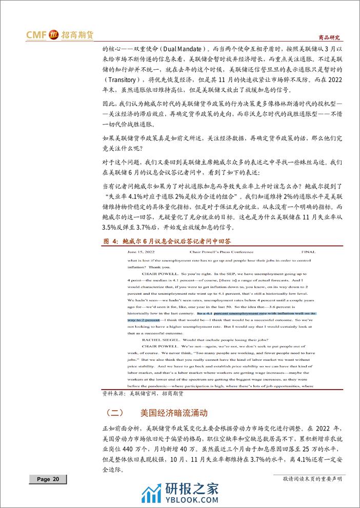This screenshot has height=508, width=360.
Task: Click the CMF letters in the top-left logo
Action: click(36, 35)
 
